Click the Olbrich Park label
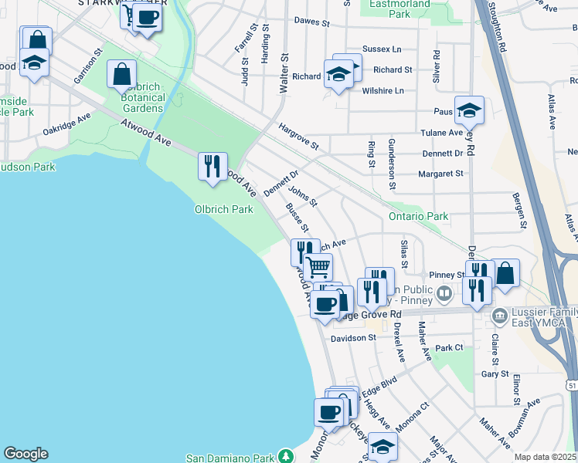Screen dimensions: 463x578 tap(224, 209)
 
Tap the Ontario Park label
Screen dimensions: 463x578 tap(420, 217)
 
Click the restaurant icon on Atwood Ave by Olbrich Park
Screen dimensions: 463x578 tap(212, 166)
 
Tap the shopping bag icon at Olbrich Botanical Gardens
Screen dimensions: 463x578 tap(122, 76)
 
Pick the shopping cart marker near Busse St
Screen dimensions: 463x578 tap(318, 267)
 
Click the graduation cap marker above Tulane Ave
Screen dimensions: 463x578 tap(469, 110)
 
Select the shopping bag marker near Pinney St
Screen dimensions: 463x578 tap(505, 273)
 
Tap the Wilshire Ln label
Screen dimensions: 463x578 tap(383, 90)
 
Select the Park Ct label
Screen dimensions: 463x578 tap(449, 348)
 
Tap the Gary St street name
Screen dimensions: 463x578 tap(495, 374)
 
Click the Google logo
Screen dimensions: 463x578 tap(25, 454)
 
